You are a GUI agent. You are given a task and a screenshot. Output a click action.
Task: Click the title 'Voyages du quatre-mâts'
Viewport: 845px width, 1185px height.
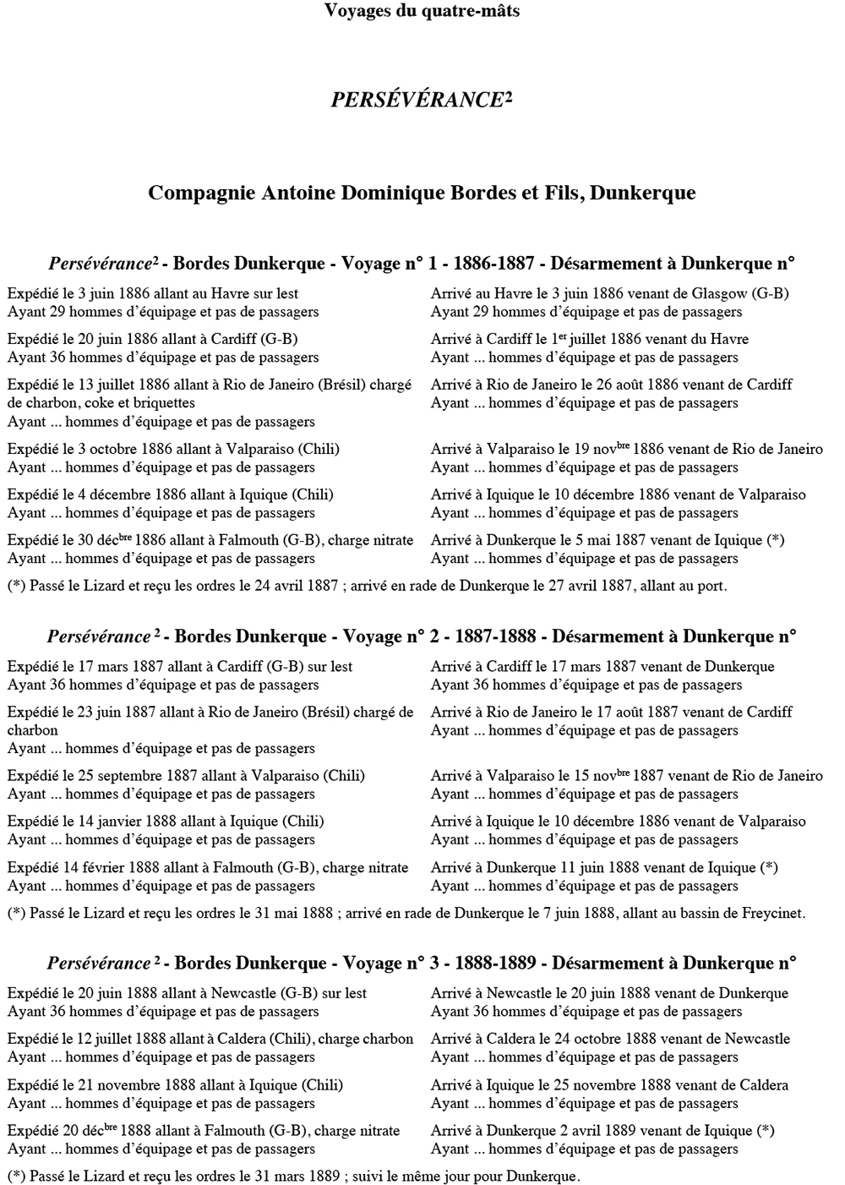pyautogui.click(x=422, y=11)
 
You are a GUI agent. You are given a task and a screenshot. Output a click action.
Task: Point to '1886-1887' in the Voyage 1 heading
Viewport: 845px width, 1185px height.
pyautogui.click(x=493, y=263)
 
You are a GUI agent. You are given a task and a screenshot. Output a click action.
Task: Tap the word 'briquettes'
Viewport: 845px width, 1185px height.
pyautogui.click(x=161, y=402)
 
